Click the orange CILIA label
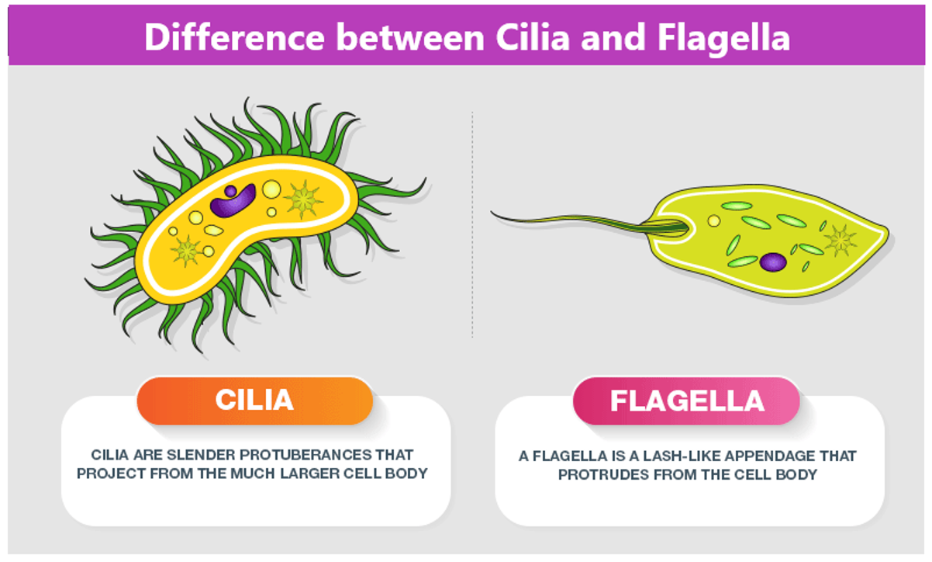tap(254, 400)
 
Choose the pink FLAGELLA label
tap(686, 401)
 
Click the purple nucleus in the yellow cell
tap(232, 201)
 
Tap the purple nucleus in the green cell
tap(772, 262)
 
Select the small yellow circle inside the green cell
tap(713, 220)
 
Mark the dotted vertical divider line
tap(472, 225)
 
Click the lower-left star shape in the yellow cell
tap(187, 250)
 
